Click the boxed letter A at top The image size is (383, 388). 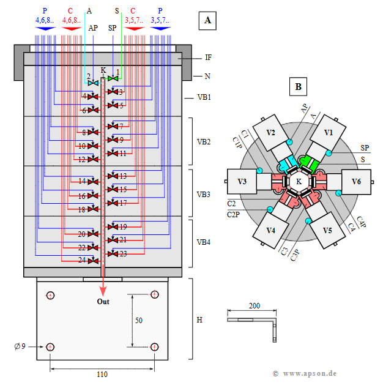pos(208,21)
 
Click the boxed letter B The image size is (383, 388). pos(298,87)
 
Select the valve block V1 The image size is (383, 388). pos(329,132)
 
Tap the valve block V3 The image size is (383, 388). pos(242,181)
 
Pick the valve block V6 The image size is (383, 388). pos(357,181)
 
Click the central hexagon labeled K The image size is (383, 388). pos(299,181)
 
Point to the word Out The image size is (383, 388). pos(103,302)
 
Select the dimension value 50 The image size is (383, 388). pos(139,321)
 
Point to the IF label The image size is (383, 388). pos(209,58)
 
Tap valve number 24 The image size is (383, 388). pos(82,260)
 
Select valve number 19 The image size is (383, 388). pos(123,227)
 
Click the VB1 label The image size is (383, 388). pos(204,97)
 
